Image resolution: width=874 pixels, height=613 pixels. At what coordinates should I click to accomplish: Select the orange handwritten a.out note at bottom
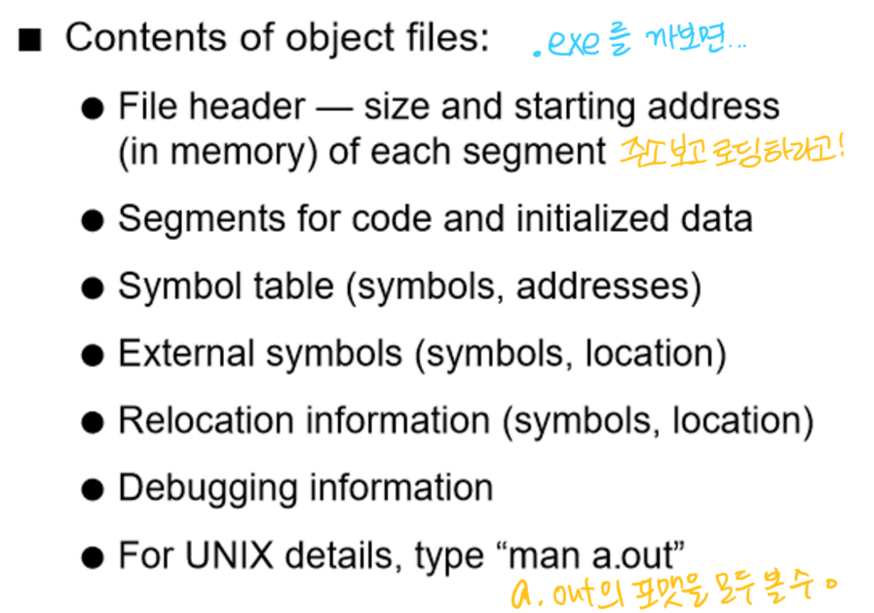click(x=672, y=588)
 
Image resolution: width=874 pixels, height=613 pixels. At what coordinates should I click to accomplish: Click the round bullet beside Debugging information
click(x=92, y=488)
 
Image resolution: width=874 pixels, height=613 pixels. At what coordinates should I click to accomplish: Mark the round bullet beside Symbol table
click(x=92, y=287)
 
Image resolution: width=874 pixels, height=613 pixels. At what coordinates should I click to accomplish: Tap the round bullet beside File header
click(x=92, y=108)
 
